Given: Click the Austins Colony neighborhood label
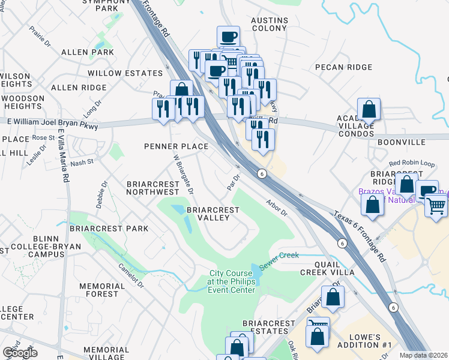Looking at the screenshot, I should pyautogui.click(x=270, y=24).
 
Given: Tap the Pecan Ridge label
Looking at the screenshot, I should pyautogui.click(x=344, y=67).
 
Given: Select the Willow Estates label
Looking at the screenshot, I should pyautogui.click(x=125, y=73).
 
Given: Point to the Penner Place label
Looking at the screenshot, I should pyautogui.click(x=176, y=146).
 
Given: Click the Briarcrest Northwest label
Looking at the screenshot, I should pyautogui.click(x=152, y=187).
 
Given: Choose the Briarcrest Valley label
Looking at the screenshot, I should pyautogui.click(x=212, y=214).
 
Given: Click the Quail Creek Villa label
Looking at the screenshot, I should pyautogui.click(x=326, y=268).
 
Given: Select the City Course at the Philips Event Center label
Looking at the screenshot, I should pyautogui.click(x=231, y=281).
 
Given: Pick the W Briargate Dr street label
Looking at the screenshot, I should pyautogui.click(x=183, y=174).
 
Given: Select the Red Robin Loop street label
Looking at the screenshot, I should pyautogui.click(x=411, y=163).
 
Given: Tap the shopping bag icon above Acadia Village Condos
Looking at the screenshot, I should pyautogui.click(x=369, y=109).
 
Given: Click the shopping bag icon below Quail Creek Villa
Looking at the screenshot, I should pyautogui.click(x=333, y=296).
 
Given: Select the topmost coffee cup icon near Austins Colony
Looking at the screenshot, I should pyautogui.click(x=228, y=37).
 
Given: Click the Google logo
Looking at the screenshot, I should pyautogui.click(x=20, y=353).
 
